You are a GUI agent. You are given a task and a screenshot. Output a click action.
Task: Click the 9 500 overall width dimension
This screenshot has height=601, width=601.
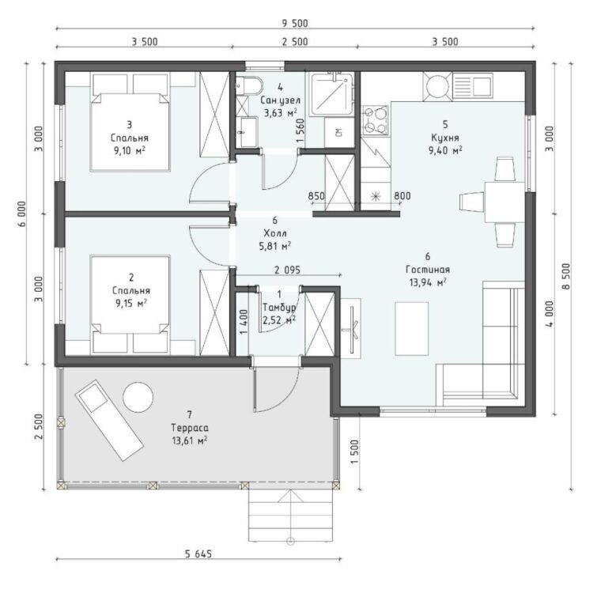click(x=295, y=24)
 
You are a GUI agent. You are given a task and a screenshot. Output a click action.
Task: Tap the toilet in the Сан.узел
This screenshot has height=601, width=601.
click(x=249, y=85)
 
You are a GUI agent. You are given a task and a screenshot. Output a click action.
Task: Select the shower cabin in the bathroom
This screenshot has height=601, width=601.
click(x=332, y=94)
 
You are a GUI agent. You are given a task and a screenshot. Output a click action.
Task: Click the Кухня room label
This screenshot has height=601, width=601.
click(x=445, y=138)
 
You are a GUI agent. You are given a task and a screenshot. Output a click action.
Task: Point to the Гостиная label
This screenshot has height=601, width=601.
click(x=428, y=270)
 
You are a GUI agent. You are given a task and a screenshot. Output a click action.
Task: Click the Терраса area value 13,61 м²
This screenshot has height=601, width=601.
click(x=190, y=440)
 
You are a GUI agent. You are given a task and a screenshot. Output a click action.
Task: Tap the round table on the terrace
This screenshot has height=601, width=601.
click(x=138, y=397)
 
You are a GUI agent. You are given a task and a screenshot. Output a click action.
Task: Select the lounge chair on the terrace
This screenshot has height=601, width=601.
click(x=109, y=420)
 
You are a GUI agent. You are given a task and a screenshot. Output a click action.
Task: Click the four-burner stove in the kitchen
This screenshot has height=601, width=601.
click(x=375, y=120)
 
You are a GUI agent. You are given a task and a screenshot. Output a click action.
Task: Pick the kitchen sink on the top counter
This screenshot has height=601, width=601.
click(x=472, y=86)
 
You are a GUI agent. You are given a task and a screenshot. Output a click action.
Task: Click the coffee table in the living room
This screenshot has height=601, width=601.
click(x=412, y=328)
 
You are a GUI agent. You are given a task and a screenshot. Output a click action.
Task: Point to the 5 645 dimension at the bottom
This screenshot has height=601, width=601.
click(x=198, y=554)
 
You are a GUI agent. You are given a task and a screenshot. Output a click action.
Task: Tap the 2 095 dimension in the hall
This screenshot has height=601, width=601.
click(x=287, y=270)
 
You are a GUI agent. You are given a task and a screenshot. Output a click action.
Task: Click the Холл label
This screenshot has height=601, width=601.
click(x=275, y=233)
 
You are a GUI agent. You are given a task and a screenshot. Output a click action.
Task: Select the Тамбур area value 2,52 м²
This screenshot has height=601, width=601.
click(x=279, y=319)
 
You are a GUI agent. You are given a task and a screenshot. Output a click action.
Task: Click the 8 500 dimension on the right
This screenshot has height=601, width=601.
click(x=567, y=276)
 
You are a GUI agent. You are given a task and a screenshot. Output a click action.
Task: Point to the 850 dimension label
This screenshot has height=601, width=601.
click(x=316, y=196)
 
